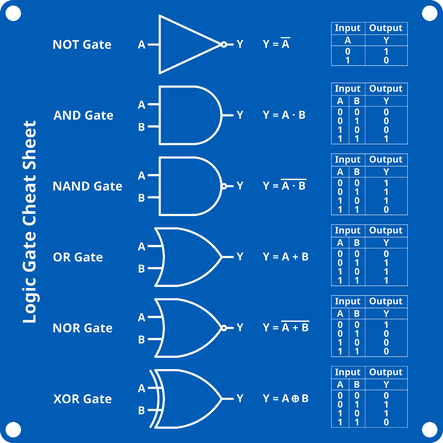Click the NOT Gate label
click(82, 45)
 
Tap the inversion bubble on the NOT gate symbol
click(224, 44)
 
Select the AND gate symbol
click(188, 115)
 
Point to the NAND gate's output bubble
click(224, 186)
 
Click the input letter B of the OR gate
click(141, 269)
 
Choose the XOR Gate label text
click(83, 399)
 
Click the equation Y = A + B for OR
click(285, 257)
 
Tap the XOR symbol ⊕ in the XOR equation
click(295, 399)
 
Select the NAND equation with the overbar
click(285, 186)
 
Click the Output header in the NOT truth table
click(386, 28)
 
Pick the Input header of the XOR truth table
click(347, 372)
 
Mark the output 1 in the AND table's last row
click(386, 139)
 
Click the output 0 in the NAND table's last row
click(386, 210)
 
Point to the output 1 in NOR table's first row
click(386, 325)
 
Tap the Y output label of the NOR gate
click(240, 328)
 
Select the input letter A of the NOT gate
click(141, 45)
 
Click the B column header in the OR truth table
click(357, 243)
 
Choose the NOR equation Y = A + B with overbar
click(285, 327)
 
